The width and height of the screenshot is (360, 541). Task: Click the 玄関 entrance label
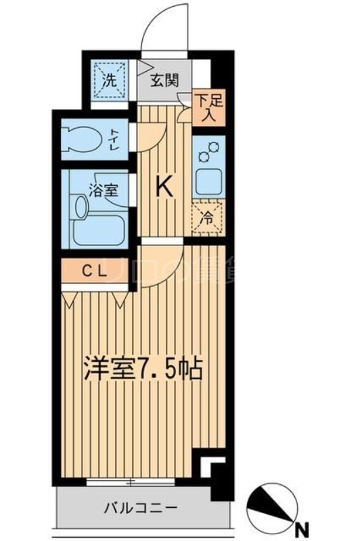(164, 80)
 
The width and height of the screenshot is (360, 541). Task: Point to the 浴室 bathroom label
(104, 189)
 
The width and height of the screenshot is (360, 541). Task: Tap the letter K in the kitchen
(164, 185)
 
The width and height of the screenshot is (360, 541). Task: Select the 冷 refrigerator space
(208, 218)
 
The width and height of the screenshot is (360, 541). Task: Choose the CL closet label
(95, 272)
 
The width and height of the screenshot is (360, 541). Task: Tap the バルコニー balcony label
(141, 507)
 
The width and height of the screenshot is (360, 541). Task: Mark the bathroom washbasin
(80, 206)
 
